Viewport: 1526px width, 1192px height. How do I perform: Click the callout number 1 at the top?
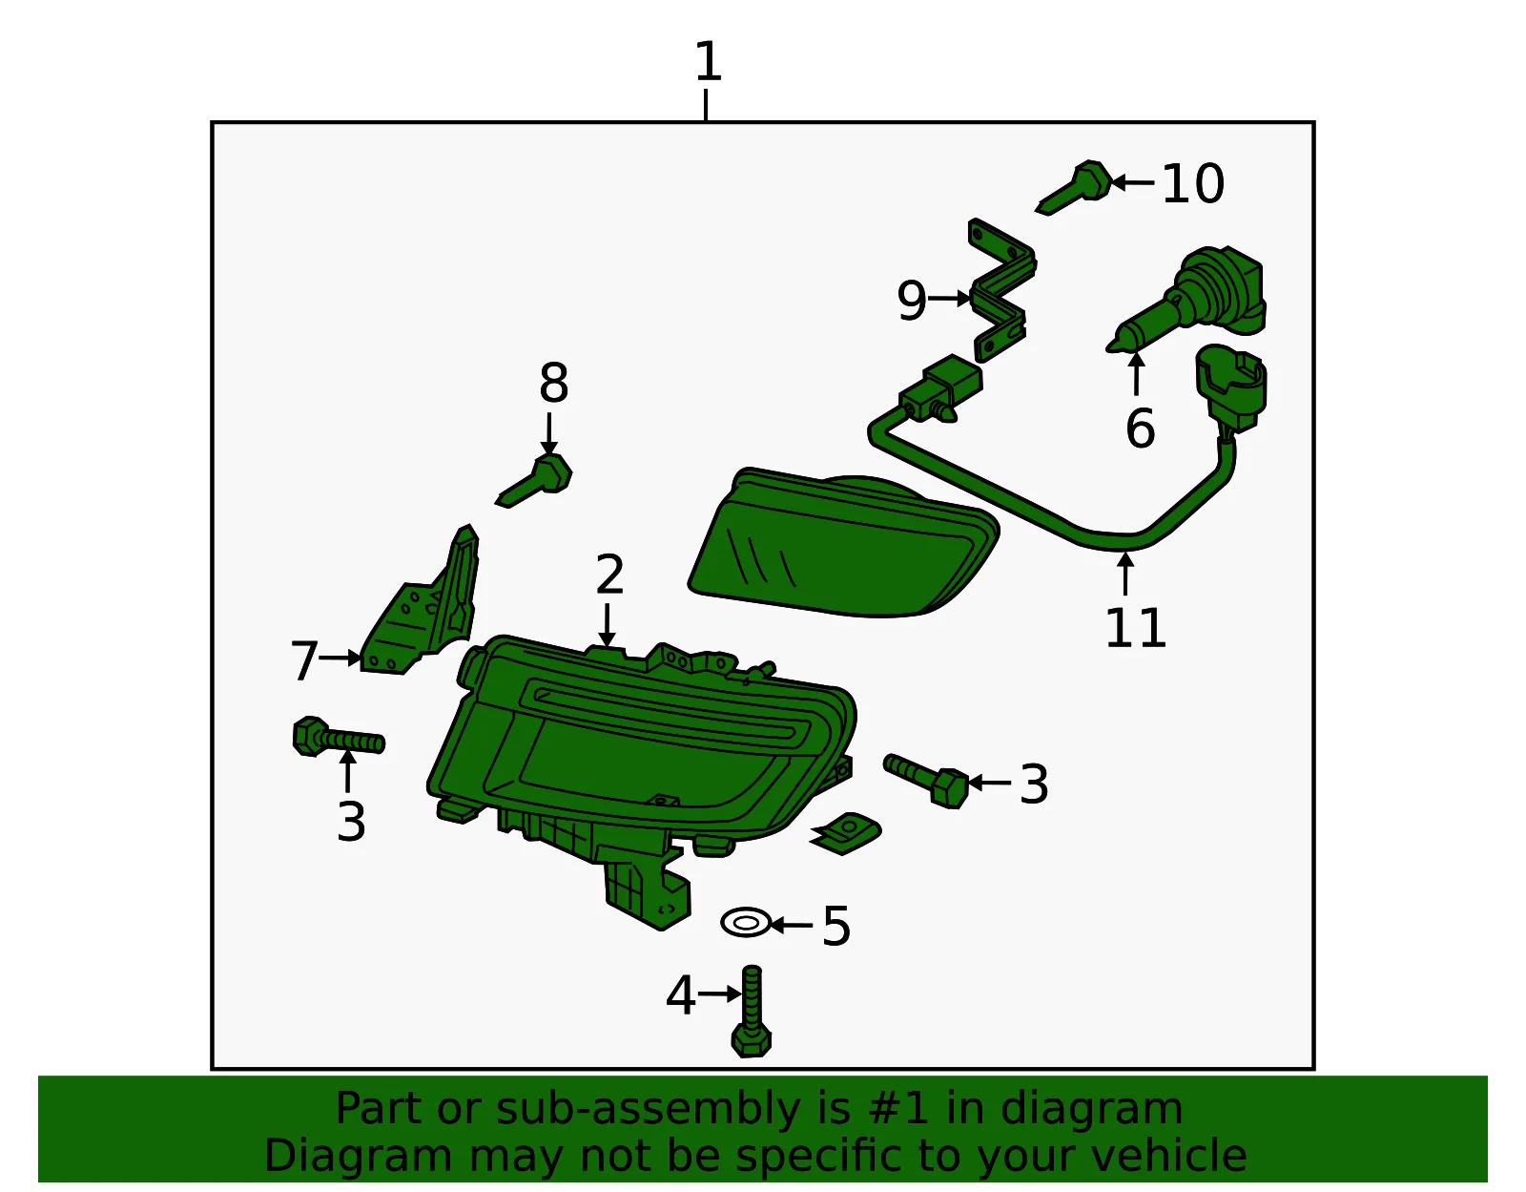[x=708, y=61]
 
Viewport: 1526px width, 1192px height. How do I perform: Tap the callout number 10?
[x=1193, y=184]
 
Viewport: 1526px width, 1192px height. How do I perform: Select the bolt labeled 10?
[x=1075, y=187]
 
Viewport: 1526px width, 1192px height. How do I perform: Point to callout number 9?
[x=912, y=301]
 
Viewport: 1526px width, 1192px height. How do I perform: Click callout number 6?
[x=1140, y=428]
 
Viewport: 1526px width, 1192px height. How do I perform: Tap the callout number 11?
[x=1135, y=627]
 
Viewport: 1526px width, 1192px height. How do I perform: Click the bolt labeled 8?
[x=534, y=480]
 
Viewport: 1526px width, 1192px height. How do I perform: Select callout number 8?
[x=553, y=383]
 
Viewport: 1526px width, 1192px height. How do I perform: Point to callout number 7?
[x=304, y=660]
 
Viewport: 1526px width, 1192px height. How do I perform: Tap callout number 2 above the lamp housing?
[x=608, y=575]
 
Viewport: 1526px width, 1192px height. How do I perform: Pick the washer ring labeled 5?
[x=746, y=922]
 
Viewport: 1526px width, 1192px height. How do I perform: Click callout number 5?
[x=835, y=926]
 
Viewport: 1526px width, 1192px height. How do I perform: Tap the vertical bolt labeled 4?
[x=752, y=1011]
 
